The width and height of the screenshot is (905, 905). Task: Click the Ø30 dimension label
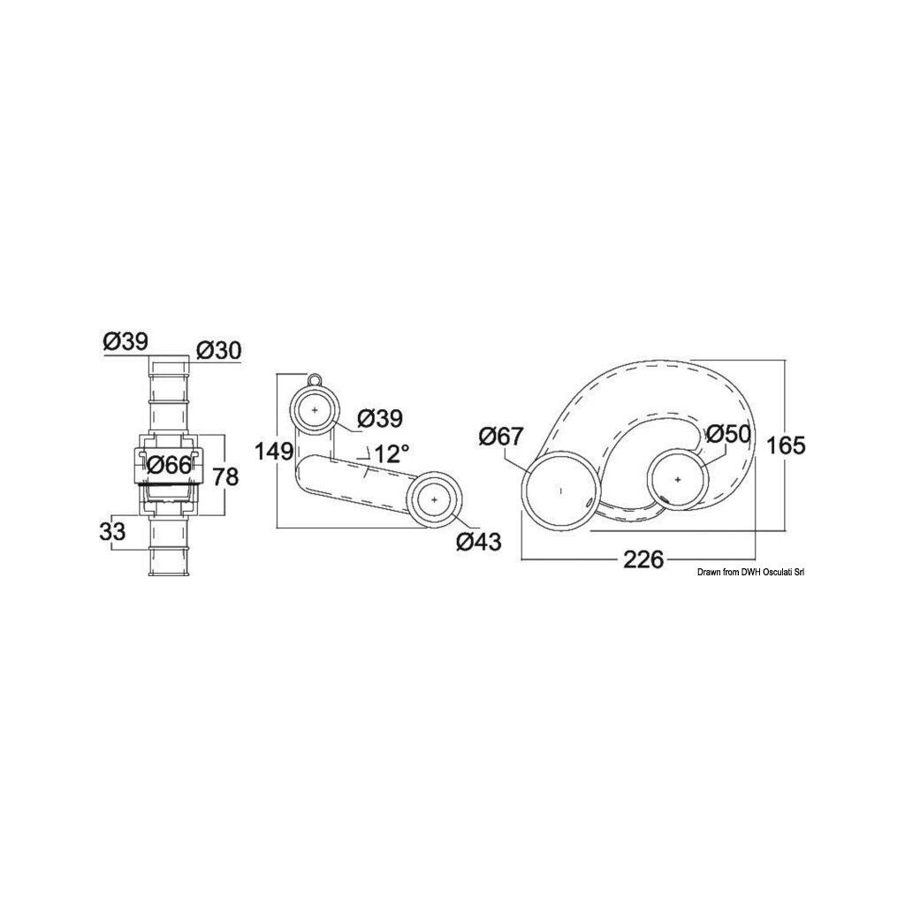218,350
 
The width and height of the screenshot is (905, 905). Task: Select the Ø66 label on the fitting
169,465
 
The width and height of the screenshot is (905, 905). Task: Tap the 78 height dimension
225,476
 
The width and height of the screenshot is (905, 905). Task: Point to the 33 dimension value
112,531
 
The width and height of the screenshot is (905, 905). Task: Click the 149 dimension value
274,452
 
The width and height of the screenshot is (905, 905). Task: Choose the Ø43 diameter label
478,542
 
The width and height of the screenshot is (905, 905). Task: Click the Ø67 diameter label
501,437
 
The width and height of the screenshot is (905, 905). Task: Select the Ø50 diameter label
727,433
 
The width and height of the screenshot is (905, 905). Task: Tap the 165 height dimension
786,445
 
